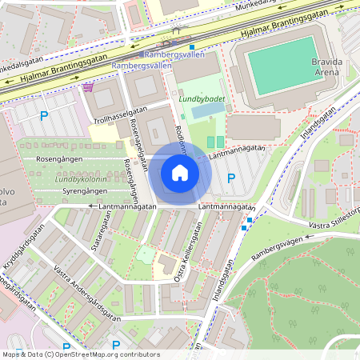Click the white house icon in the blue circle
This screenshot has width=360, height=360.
180,173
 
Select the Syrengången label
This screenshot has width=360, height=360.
85,193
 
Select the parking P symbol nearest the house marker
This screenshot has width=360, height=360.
231,178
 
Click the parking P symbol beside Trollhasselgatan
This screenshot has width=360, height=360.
45,117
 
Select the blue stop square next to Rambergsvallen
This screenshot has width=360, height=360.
191,47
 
